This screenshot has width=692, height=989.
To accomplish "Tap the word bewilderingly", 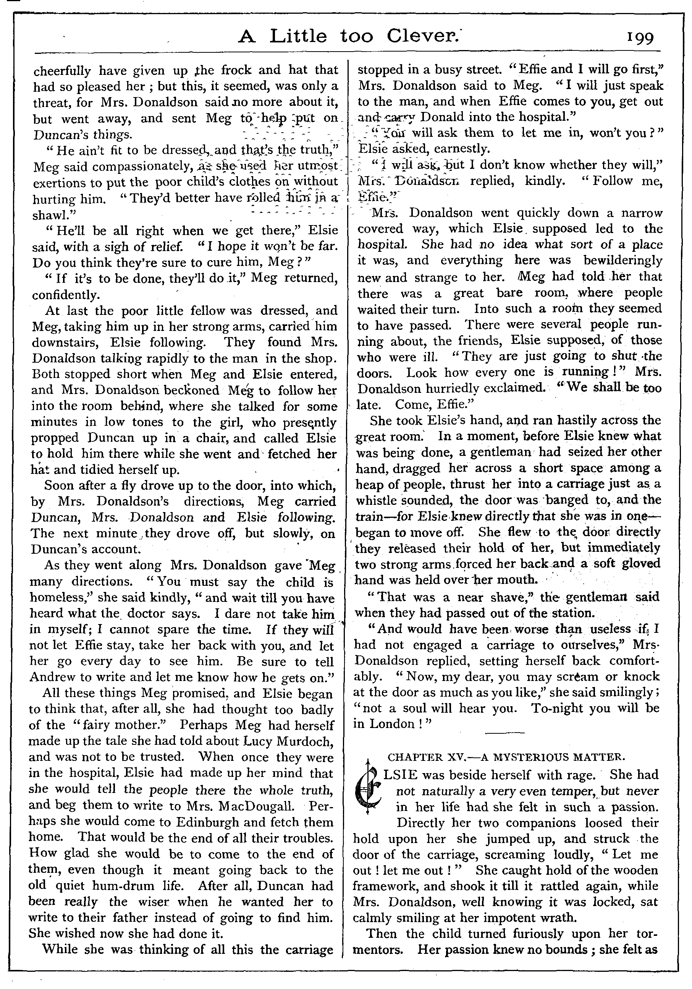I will [623, 261].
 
